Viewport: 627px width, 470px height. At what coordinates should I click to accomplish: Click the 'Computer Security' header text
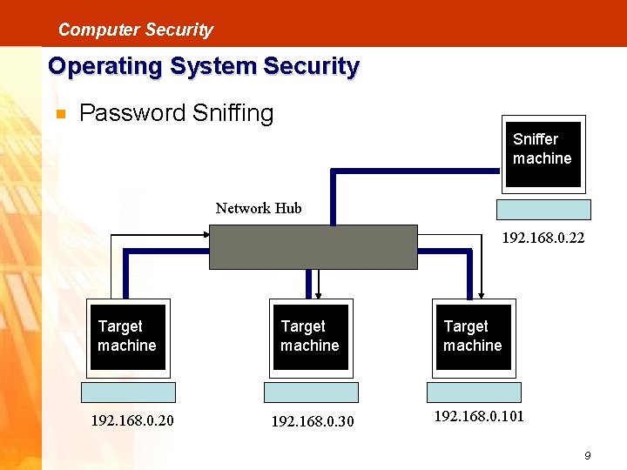(x=135, y=30)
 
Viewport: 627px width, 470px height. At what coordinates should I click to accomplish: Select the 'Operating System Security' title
(x=203, y=66)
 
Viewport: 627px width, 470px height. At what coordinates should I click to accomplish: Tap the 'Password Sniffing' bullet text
(x=176, y=113)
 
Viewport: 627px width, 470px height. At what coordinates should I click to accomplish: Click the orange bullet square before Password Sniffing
(x=60, y=114)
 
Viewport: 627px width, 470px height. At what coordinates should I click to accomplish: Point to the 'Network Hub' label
(x=259, y=208)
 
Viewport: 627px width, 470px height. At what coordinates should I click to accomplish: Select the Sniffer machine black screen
(x=543, y=154)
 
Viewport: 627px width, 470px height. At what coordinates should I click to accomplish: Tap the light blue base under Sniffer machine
(x=543, y=209)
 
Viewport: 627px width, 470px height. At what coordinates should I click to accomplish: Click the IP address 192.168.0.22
(x=543, y=238)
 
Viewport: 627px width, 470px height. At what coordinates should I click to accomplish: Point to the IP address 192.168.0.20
(x=132, y=421)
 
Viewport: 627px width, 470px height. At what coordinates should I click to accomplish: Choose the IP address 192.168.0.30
(x=313, y=422)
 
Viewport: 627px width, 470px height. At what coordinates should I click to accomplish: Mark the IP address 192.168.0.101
(x=479, y=416)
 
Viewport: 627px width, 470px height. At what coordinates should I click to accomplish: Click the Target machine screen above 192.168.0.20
(x=128, y=337)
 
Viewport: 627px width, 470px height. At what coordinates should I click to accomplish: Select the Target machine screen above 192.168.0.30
(x=310, y=337)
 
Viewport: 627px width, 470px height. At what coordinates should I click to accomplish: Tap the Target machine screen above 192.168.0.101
(x=473, y=337)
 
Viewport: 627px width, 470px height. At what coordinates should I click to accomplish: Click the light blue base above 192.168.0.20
(x=129, y=392)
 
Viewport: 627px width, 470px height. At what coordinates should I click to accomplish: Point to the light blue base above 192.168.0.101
(x=474, y=392)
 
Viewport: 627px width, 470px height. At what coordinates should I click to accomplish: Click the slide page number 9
(x=588, y=455)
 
